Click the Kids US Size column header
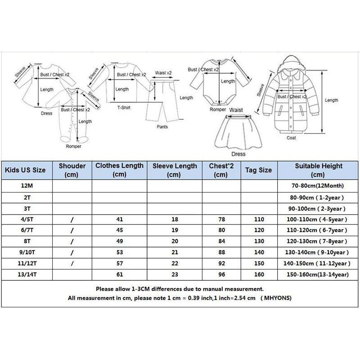[25, 170]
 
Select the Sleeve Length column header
[174, 170]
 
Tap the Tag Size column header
[258, 170]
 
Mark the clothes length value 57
[119, 263]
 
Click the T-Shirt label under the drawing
[124, 108]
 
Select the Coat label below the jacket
[291, 138]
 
